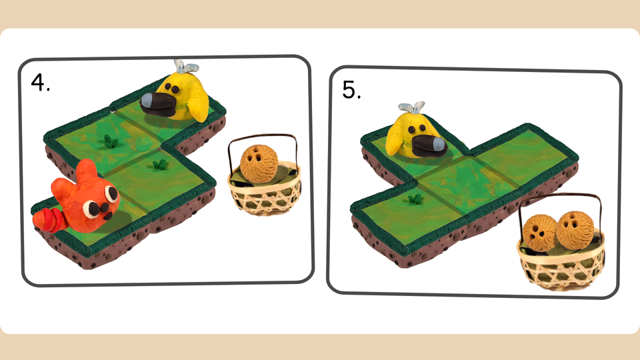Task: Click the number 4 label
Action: click(41, 82)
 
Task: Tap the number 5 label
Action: click(351, 90)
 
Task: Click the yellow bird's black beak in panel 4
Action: click(157, 105)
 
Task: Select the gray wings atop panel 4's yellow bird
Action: click(186, 67)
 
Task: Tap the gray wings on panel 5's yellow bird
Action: click(411, 107)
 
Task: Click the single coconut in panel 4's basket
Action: click(259, 164)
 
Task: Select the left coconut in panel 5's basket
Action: click(539, 233)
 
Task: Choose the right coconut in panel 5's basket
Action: click(574, 229)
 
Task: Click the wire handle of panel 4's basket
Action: click(263, 137)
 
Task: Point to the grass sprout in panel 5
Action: click(415, 199)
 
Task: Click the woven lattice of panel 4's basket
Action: click(265, 198)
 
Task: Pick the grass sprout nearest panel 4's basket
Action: click(159, 165)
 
